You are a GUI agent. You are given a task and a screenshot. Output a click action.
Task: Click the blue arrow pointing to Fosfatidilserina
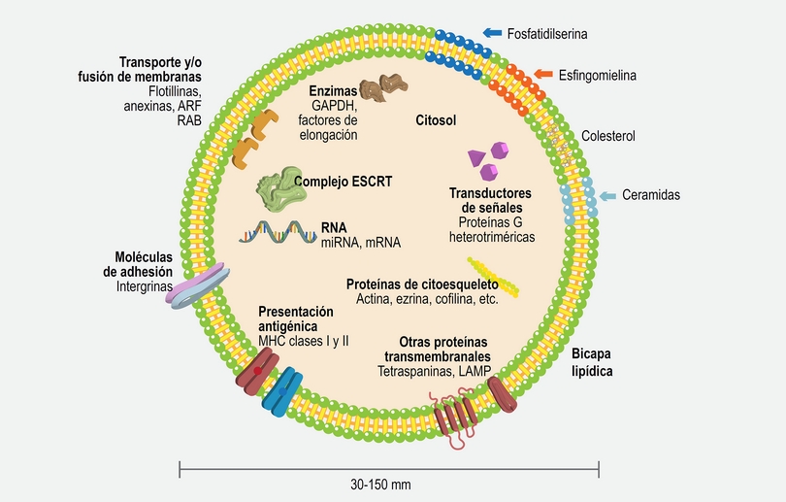click(x=491, y=33)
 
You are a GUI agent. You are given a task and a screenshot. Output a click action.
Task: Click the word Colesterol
click(x=608, y=136)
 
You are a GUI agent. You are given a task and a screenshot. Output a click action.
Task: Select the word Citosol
click(x=436, y=120)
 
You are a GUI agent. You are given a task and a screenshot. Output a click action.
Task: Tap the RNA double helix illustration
click(x=278, y=233)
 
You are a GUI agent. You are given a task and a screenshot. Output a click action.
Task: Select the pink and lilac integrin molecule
click(x=198, y=286)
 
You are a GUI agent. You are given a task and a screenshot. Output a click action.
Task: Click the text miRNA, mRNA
click(x=360, y=243)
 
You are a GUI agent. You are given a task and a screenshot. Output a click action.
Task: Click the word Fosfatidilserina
click(x=548, y=33)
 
